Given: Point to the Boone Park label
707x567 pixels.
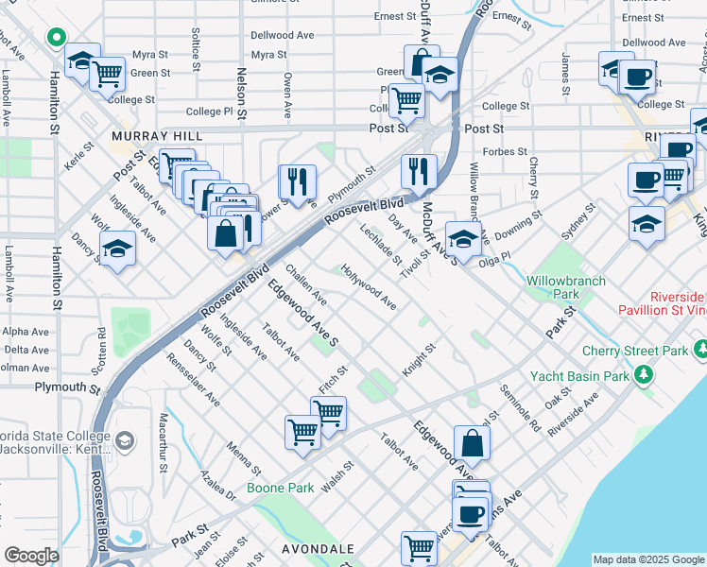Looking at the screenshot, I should pos(280,488).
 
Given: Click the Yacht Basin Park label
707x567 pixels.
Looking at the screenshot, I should pos(579,376).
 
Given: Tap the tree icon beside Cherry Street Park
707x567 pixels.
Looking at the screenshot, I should pos(645,375).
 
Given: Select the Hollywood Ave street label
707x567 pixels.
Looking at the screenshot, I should pos(370,285).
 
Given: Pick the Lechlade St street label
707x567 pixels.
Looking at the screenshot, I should pos(381,245).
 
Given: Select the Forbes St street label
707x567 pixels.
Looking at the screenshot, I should pos(506,151).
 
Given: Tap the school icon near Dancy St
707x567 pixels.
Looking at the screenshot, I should pos(117,249).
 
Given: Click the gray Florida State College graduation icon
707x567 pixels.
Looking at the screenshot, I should pos(124,440).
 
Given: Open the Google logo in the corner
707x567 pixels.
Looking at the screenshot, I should pos(31,556).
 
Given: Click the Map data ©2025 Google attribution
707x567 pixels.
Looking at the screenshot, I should pos(648,559).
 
